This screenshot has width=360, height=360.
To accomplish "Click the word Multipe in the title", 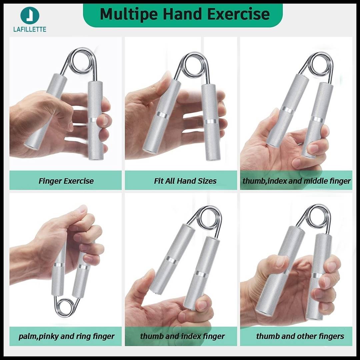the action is (129, 14).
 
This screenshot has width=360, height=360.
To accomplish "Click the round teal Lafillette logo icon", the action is (30, 15).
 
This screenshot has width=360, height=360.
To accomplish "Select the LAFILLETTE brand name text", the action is (30, 29).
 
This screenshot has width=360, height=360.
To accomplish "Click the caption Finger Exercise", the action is (66, 181).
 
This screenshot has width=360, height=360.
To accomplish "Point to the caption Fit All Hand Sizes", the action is (185, 181).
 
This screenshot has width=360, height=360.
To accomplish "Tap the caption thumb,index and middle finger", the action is (296, 181).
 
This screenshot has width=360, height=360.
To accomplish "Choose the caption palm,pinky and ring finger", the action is (66, 336).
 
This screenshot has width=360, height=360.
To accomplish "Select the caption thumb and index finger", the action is (182, 336).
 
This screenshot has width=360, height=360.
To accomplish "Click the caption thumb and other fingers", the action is (300, 336).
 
